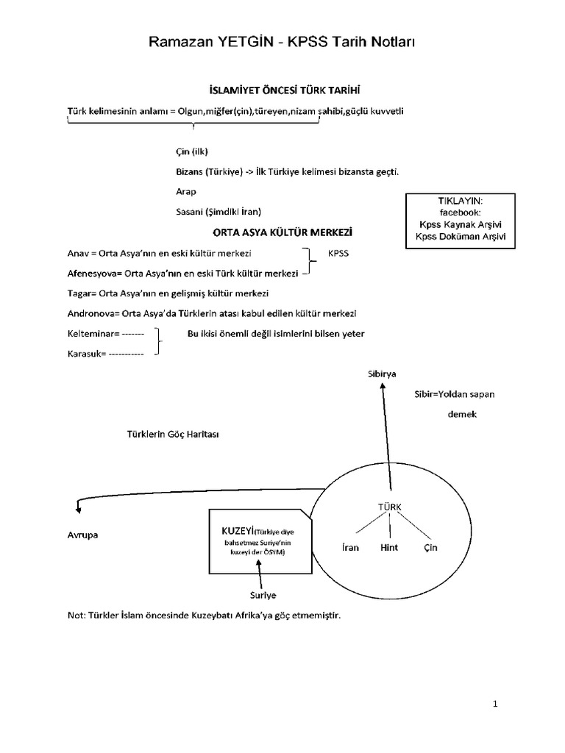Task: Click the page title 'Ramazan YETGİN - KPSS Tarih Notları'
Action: click(282, 42)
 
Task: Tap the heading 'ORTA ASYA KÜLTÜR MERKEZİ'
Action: click(283, 232)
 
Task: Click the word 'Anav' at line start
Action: click(78, 254)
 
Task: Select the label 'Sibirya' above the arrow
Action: click(382, 374)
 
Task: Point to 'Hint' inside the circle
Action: click(389, 548)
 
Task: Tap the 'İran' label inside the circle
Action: click(350, 548)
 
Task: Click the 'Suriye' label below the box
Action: click(263, 594)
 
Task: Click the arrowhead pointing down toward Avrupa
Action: click(78, 507)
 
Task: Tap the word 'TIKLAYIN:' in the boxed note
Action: click(462, 201)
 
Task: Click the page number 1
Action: click(496, 704)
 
